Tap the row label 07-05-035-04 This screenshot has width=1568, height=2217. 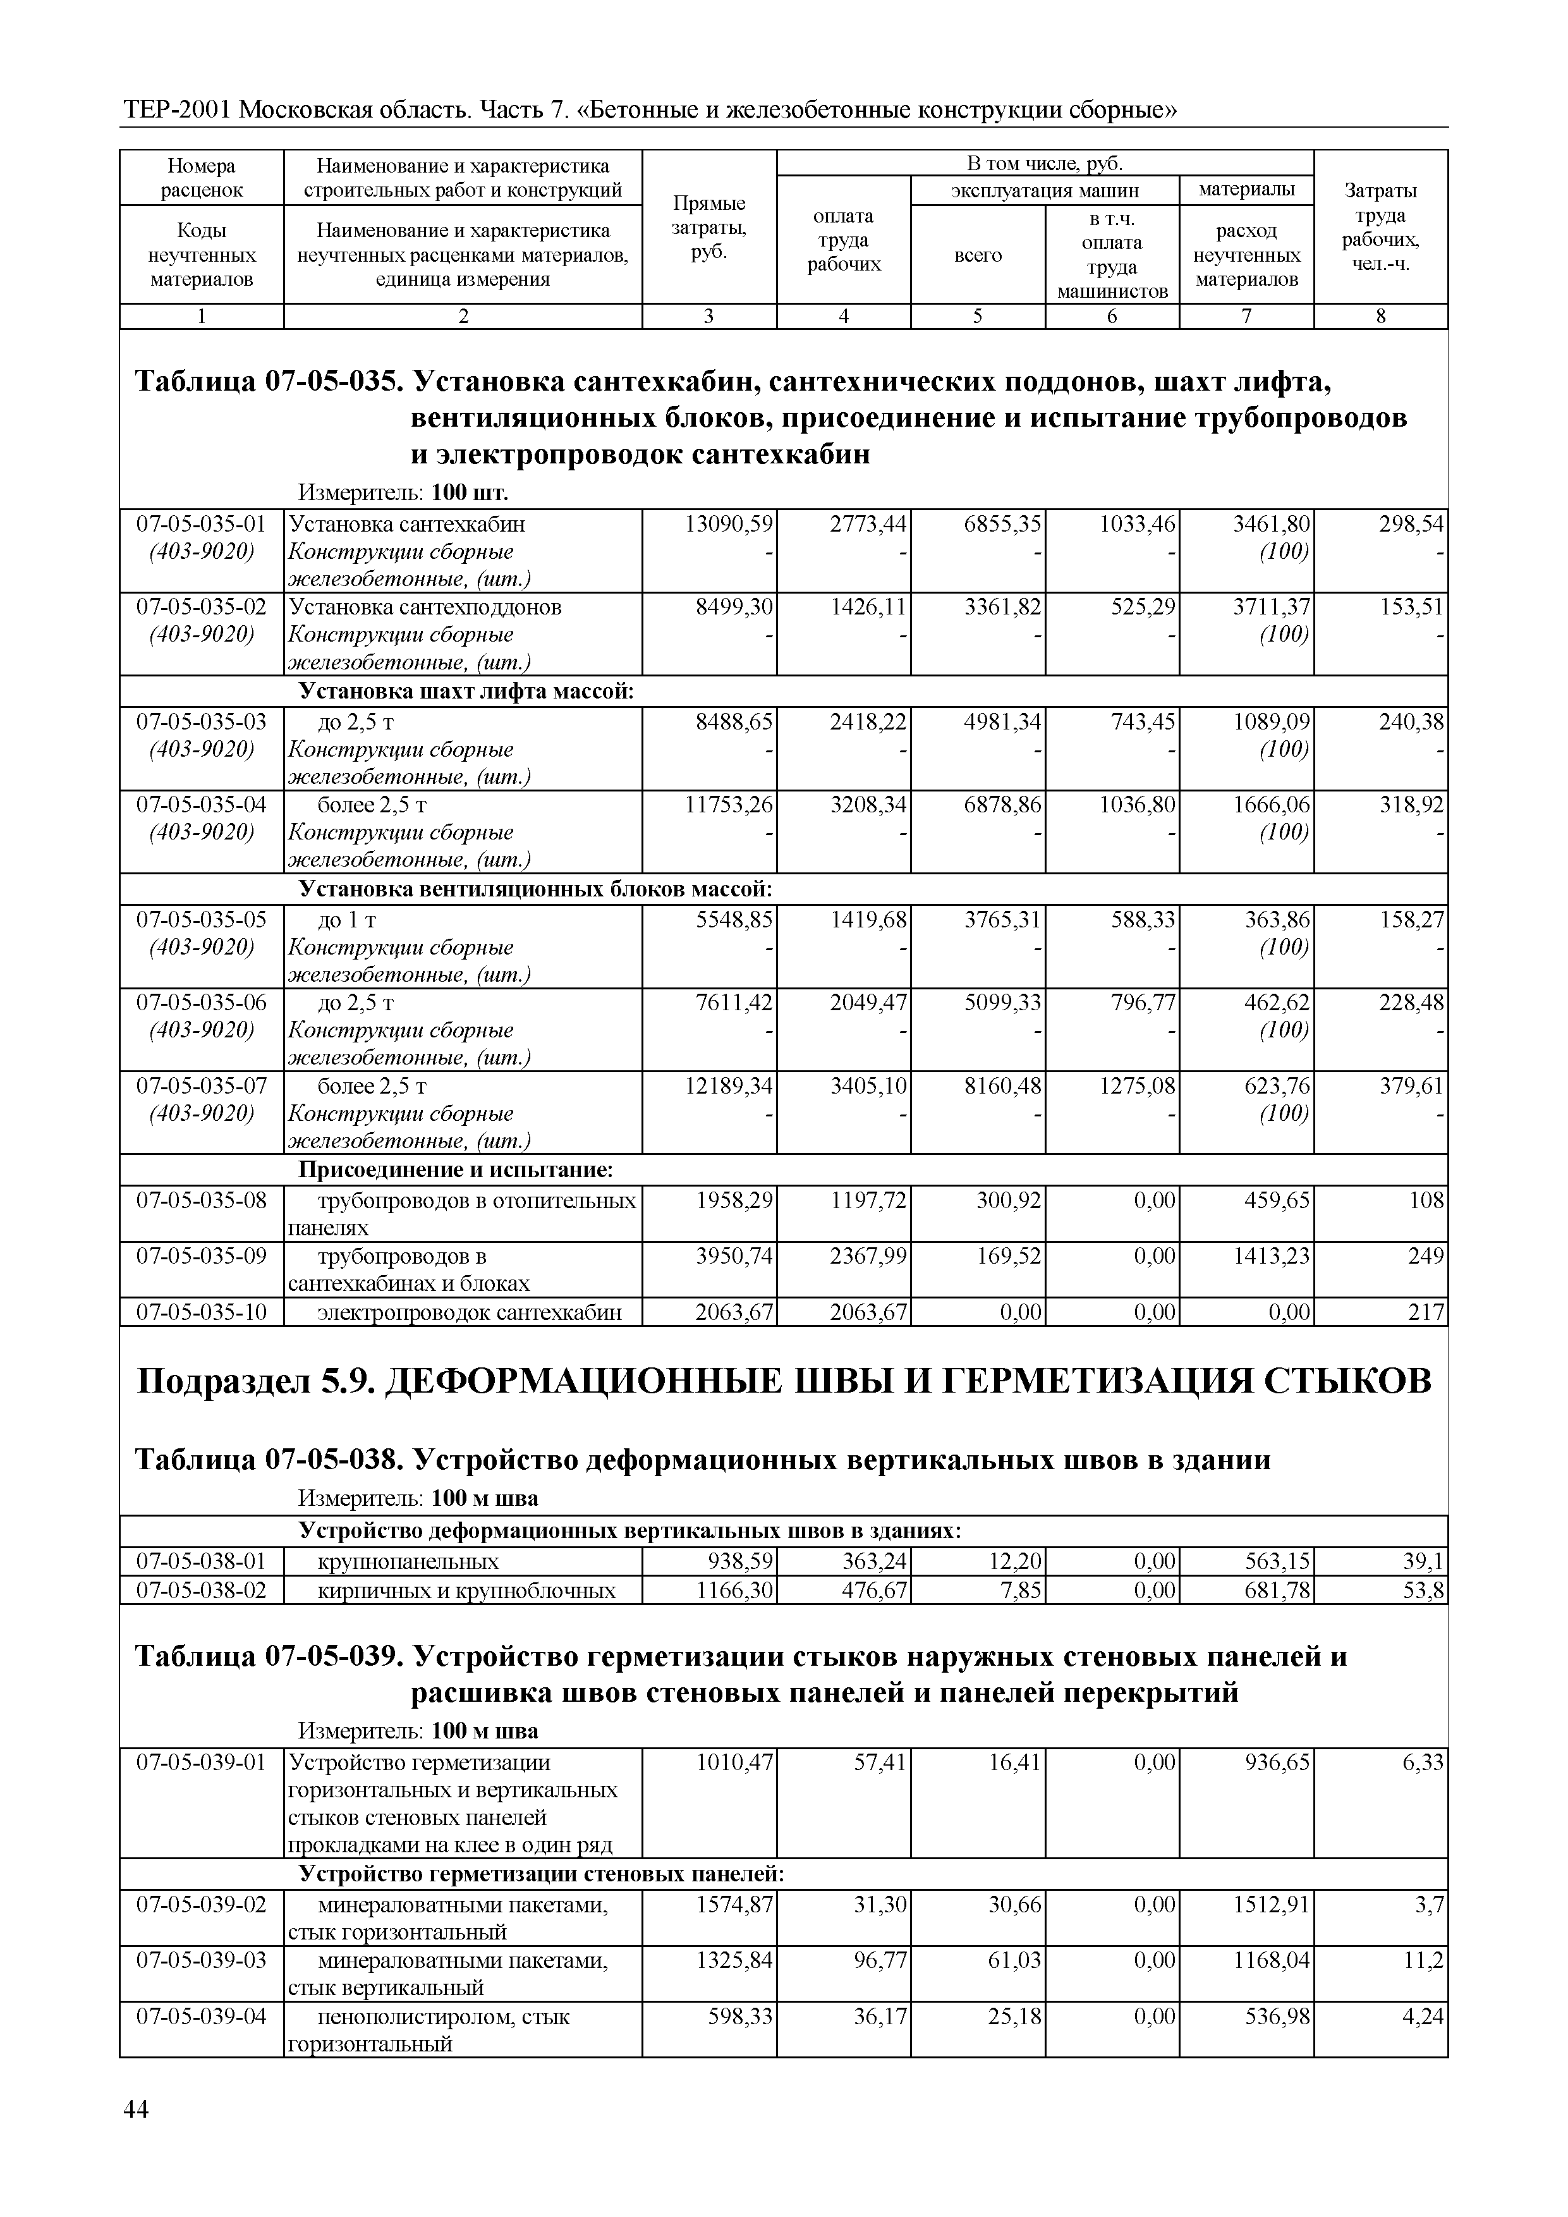click(x=201, y=804)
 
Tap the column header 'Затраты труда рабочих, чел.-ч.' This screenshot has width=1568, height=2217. click(x=1381, y=228)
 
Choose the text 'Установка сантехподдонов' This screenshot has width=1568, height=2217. click(x=425, y=608)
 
